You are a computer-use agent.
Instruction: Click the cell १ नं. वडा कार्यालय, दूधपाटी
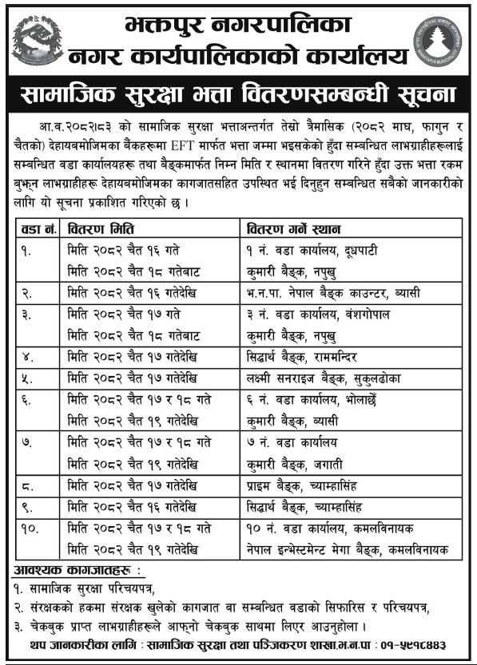point(308,250)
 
